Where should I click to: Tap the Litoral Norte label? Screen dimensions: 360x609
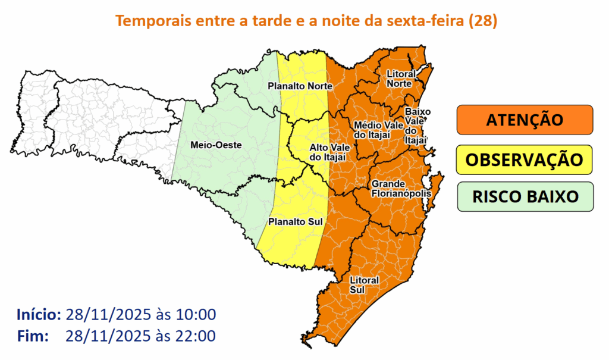click(399, 79)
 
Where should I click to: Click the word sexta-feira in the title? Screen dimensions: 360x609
click(431, 21)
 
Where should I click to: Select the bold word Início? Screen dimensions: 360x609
click(39, 314)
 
